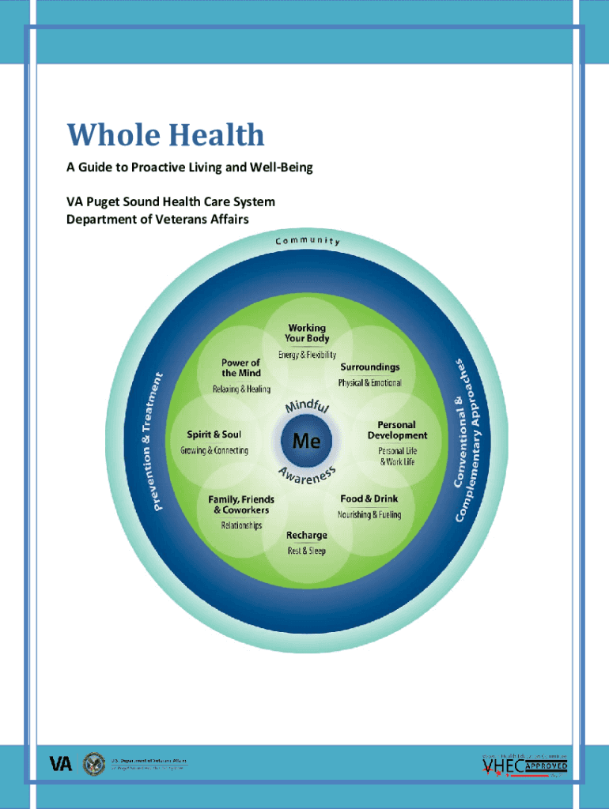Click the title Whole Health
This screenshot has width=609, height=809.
pyautogui.click(x=165, y=135)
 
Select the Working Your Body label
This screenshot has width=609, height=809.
pyautogui.click(x=306, y=333)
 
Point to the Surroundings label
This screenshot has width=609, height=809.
pyautogui.click(x=369, y=367)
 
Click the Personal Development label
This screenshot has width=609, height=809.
pyautogui.click(x=397, y=430)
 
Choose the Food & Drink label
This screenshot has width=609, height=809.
pyautogui.click(x=369, y=499)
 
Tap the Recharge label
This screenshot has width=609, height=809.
pyautogui.click(x=306, y=535)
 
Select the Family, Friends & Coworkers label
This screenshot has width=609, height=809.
pyautogui.click(x=241, y=504)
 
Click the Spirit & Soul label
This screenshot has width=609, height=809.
pyautogui.click(x=214, y=434)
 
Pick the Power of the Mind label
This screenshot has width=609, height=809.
pyautogui.click(x=240, y=367)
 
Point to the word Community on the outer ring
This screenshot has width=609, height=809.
pyautogui.click(x=308, y=240)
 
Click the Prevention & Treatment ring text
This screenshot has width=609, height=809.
pyautogui.click(x=159, y=439)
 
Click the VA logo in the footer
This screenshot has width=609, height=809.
pyautogui.click(x=61, y=763)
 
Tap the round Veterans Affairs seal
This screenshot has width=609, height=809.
pyautogui.click(x=93, y=762)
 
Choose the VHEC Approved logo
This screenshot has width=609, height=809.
pyautogui.click(x=524, y=766)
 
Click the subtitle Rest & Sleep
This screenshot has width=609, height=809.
pyautogui.click(x=306, y=551)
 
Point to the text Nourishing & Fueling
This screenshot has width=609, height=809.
pyautogui.click(x=369, y=514)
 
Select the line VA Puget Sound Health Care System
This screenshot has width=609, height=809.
pyautogui.click(x=170, y=202)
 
